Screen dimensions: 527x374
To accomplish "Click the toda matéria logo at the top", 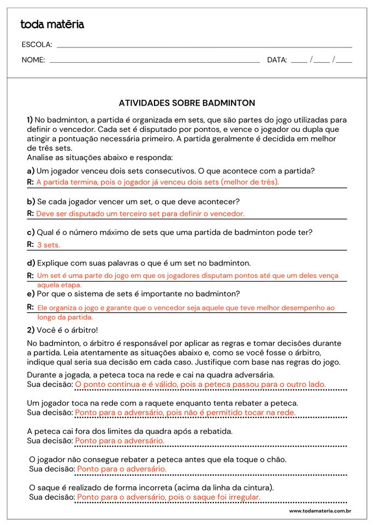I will point(52,25).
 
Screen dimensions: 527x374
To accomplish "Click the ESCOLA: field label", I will point(37,45).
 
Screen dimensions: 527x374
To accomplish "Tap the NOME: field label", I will point(33,60).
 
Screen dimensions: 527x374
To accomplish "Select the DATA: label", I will point(277,60).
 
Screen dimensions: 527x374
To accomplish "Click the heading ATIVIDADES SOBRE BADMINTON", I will point(187,102).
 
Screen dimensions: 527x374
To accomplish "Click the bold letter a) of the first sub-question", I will point(31,171).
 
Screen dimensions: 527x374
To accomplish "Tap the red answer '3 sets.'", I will point(49,245).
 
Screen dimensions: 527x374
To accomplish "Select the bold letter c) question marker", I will point(31,232).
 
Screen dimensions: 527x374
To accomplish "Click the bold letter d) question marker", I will point(31,263).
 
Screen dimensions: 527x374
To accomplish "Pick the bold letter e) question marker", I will point(31,294).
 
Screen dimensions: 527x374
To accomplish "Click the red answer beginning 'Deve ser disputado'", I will point(140,214).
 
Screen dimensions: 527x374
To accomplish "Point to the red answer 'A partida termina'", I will point(157,182).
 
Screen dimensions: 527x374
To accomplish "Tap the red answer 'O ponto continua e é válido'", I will point(200,384).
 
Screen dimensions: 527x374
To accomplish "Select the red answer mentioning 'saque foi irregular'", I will point(169,497).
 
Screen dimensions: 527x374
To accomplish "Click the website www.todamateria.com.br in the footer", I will point(319,511).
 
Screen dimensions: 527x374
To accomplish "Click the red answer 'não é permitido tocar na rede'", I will point(185,413).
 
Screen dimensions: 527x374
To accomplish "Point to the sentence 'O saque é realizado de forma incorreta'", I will point(151,487).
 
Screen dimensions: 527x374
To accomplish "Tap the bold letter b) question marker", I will point(31,202).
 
